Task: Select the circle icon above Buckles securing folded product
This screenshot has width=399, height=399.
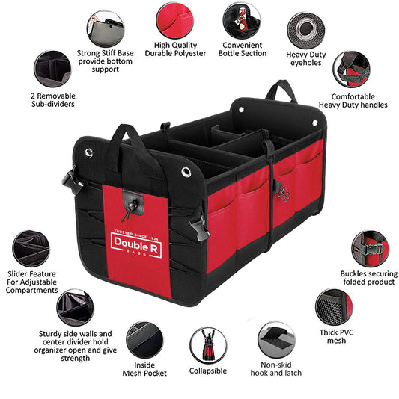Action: coord(371,248)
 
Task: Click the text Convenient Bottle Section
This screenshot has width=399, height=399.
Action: coord(241,49)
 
